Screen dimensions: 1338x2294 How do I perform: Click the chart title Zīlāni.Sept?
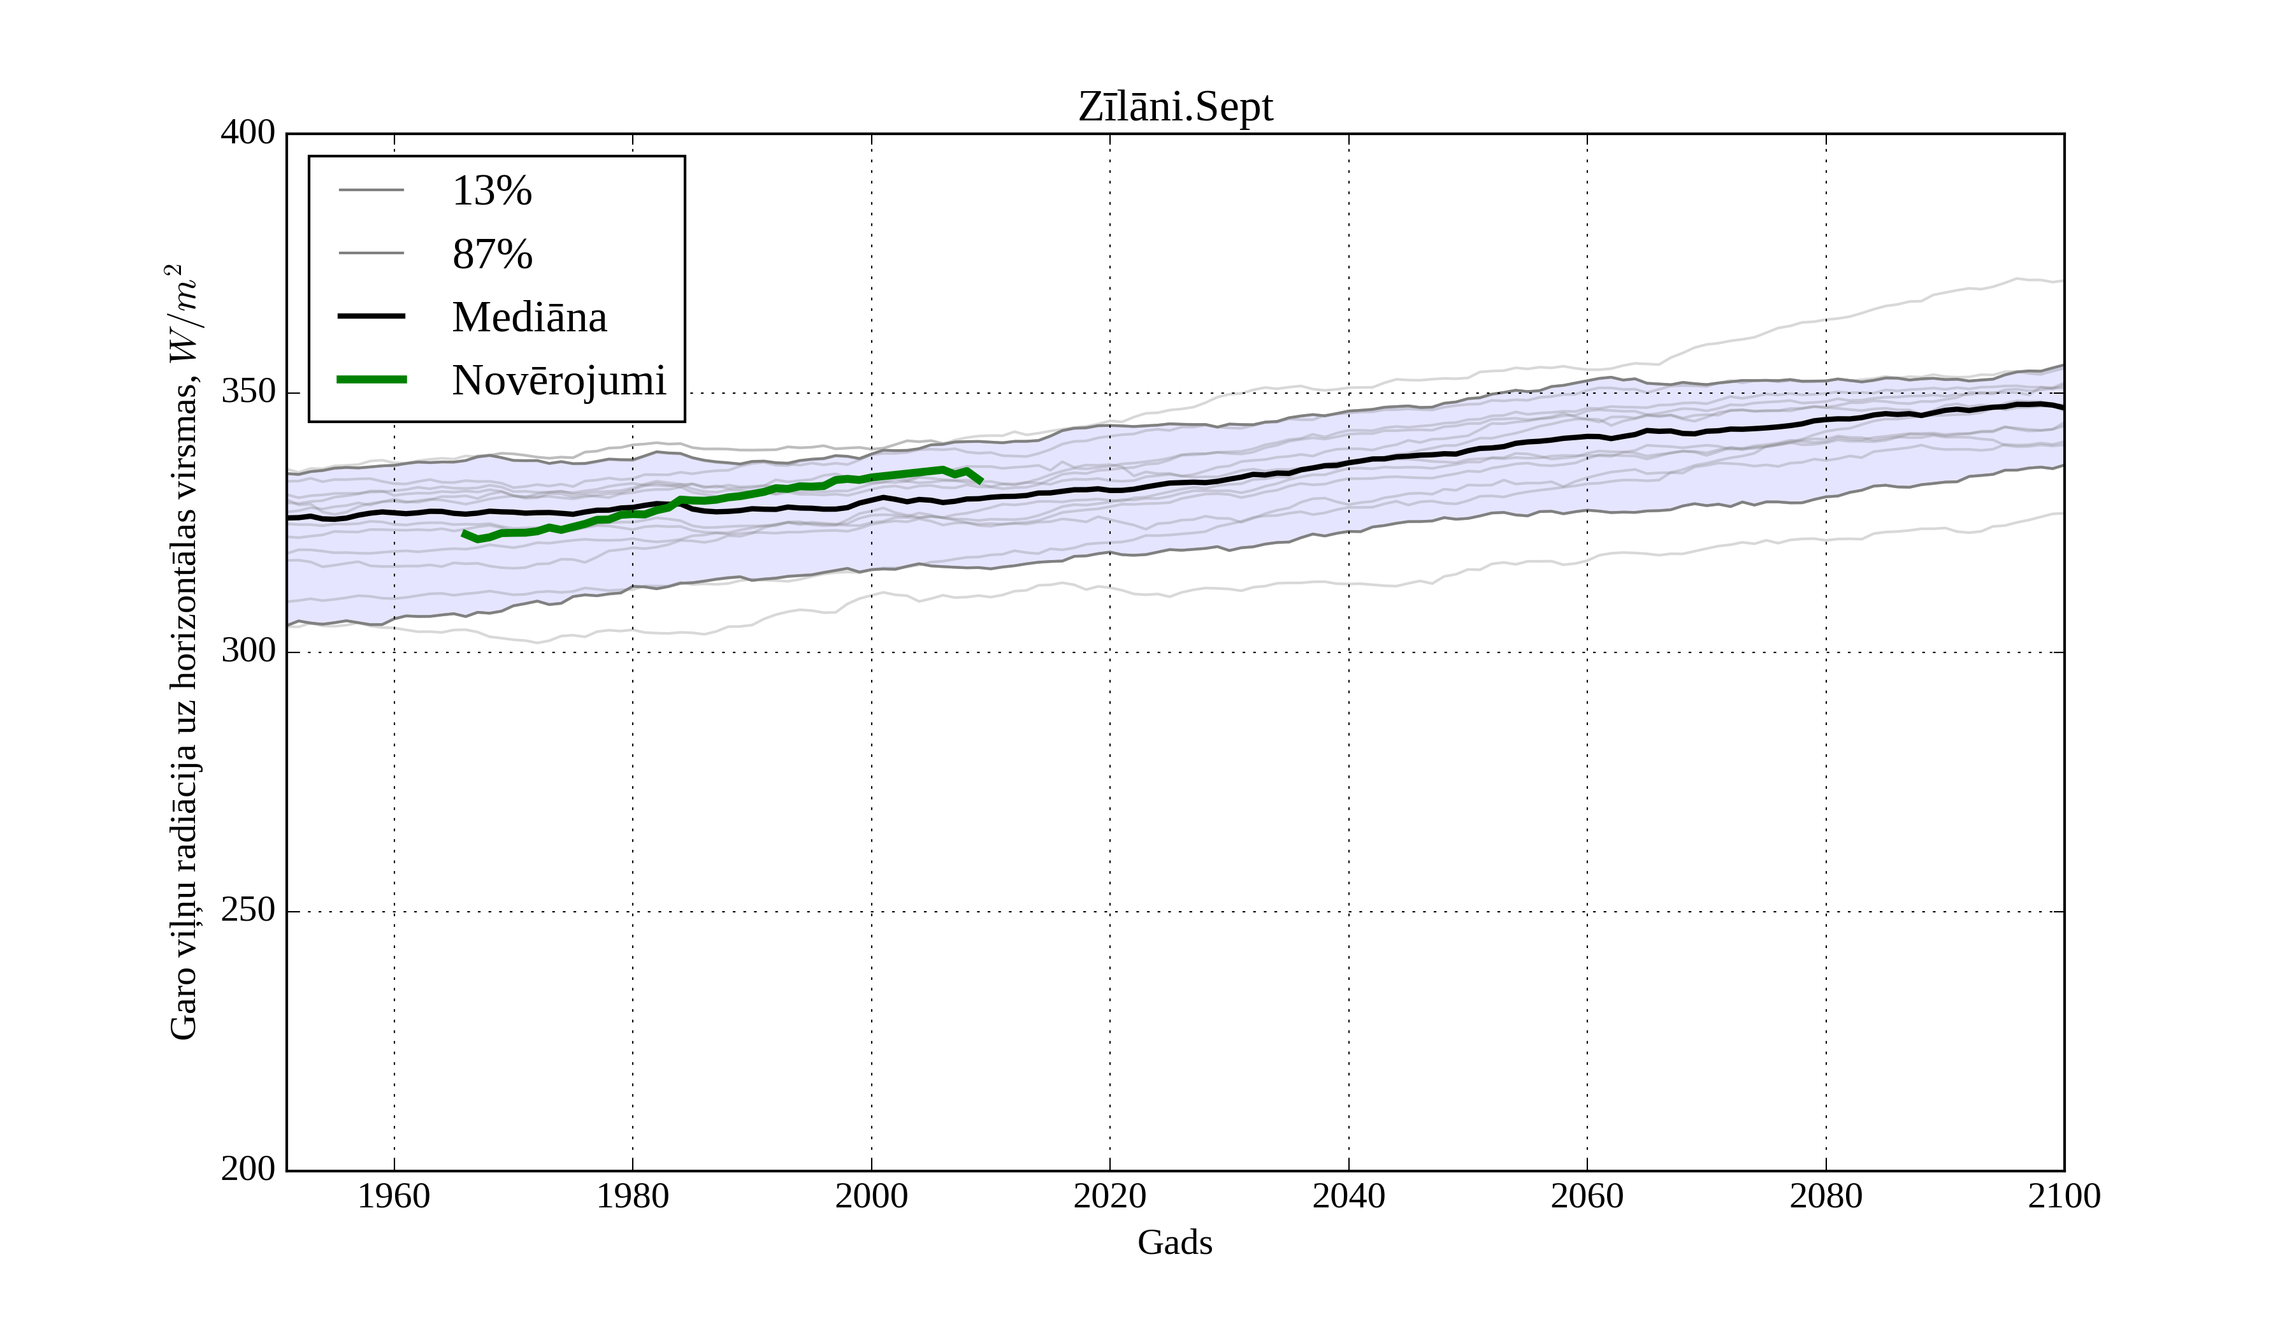[x=1175, y=108]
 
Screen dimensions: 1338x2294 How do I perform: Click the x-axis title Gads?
[x=1174, y=1242]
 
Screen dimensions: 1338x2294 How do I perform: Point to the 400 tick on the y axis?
[x=248, y=133]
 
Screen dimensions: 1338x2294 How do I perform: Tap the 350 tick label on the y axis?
[x=248, y=392]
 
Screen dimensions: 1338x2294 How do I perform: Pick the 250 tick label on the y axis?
[x=248, y=910]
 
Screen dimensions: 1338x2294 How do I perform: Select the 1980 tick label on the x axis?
[x=633, y=1196]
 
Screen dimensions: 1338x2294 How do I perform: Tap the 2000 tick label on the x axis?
[x=871, y=1196]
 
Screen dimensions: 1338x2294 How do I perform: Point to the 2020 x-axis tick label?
[x=1109, y=1196]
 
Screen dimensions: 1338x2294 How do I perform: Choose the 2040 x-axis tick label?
[x=1348, y=1196]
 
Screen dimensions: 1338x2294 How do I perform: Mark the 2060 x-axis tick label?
[x=1587, y=1196]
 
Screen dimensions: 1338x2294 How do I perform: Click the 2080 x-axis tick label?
[x=1825, y=1196]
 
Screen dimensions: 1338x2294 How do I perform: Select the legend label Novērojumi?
[x=558, y=380]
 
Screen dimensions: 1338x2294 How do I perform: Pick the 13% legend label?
[x=491, y=191]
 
